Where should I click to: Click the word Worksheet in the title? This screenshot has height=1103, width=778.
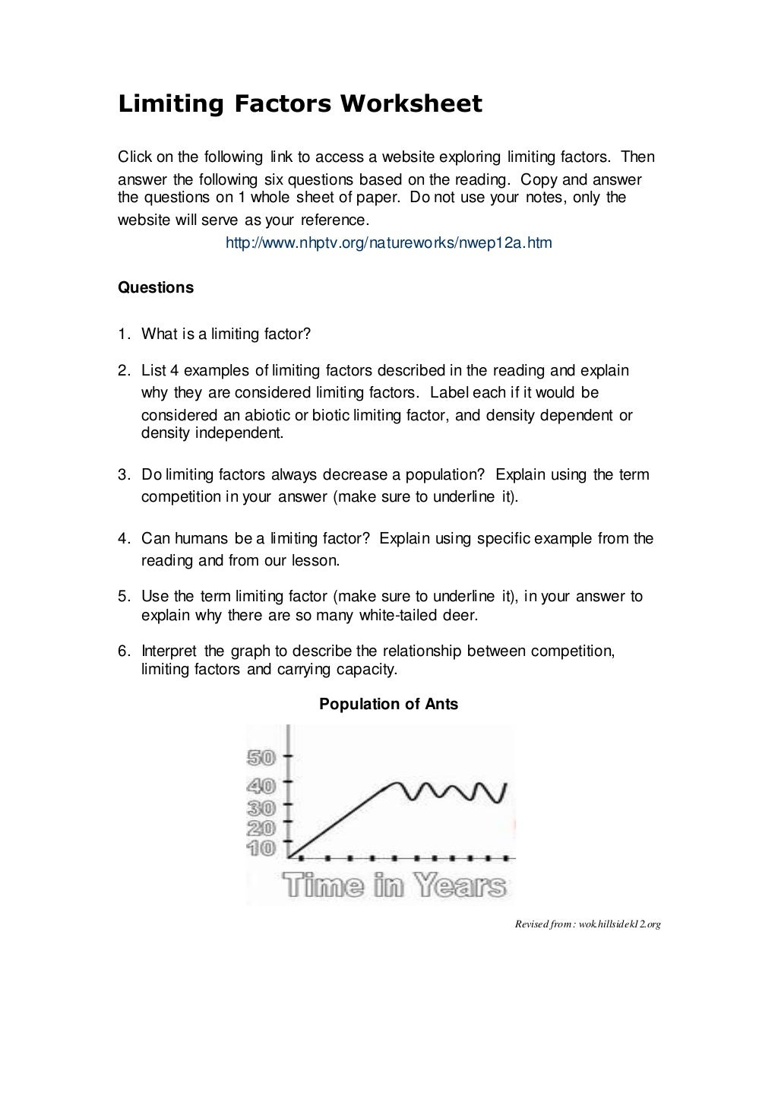click(410, 103)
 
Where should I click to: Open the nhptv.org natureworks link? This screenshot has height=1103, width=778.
click(389, 243)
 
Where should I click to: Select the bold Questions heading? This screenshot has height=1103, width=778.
click(156, 287)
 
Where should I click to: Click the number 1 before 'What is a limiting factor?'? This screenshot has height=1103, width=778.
click(122, 334)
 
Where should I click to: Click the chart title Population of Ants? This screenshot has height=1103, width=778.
click(388, 704)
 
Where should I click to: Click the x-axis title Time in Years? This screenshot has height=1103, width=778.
click(394, 886)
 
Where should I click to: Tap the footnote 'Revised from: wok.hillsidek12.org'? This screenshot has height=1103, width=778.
click(587, 924)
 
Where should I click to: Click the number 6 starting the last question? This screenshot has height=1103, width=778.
click(122, 651)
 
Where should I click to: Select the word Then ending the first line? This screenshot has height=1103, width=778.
click(637, 157)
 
